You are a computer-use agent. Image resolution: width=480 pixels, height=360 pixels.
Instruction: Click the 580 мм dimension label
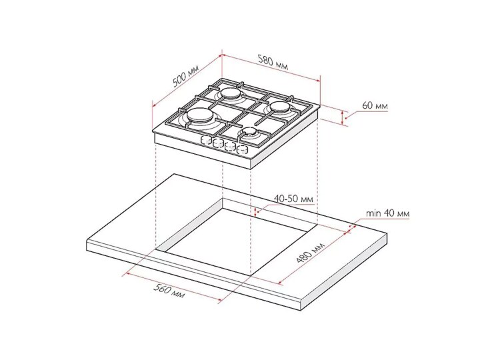click(x=273, y=63)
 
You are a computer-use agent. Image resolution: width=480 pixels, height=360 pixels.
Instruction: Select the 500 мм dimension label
click(x=186, y=76)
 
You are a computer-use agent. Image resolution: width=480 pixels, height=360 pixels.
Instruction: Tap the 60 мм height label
click(x=375, y=105)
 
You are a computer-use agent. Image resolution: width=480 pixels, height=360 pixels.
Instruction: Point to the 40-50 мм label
click(x=293, y=199)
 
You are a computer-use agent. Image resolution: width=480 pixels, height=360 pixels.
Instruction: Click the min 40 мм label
click(x=387, y=213)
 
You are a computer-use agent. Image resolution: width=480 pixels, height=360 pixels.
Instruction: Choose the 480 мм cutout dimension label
click(x=310, y=253)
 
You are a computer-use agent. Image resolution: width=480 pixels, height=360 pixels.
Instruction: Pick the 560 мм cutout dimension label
click(x=169, y=291)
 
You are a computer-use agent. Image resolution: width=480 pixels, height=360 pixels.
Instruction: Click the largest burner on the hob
click(x=200, y=117)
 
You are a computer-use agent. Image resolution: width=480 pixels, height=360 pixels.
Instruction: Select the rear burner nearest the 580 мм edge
click(x=231, y=93)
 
